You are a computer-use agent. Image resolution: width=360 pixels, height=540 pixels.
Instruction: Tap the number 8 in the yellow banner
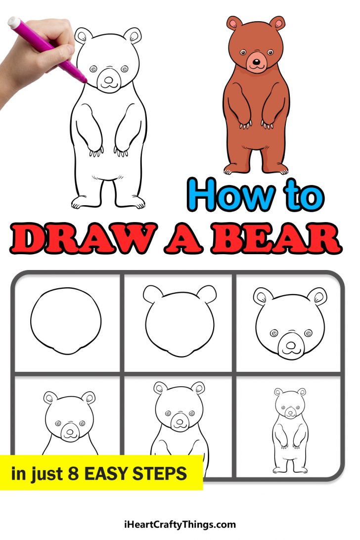73,474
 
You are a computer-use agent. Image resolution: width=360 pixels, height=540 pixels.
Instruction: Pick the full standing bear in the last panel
290,430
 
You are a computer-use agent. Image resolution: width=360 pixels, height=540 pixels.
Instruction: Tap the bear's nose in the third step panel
291,343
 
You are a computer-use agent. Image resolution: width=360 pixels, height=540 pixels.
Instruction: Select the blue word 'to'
304,196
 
